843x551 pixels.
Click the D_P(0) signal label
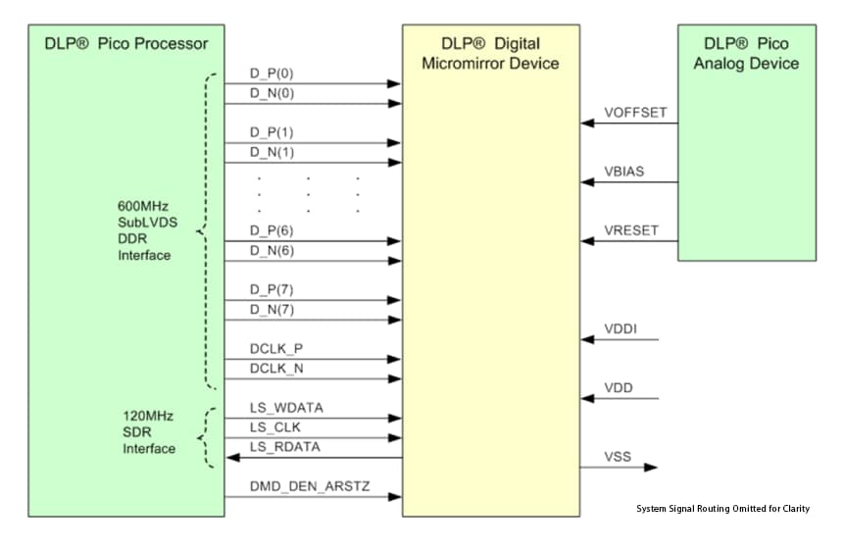coord(272,75)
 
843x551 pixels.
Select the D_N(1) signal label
coord(272,152)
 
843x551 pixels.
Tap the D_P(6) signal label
coord(272,230)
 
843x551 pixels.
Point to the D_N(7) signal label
coord(272,310)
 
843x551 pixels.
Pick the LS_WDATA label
coord(286,407)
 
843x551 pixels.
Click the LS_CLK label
coord(274,426)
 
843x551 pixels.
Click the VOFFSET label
coord(635,113)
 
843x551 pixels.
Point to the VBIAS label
coord(624,172)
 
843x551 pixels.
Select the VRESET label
coord(631,231)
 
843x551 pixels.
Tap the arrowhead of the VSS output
coord(652,468)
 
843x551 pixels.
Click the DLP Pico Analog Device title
coord(746,54)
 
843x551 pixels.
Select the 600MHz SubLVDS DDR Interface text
coord(146,231)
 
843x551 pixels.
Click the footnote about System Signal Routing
coord(722,509)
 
